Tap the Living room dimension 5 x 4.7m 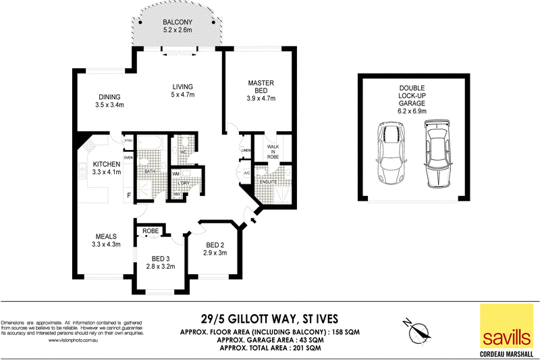(x=182, y=95)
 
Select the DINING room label (x=109, y=97)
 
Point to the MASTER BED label (x=260, y=86)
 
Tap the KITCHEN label (x=107, y=164)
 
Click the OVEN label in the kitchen (x=128, y=156)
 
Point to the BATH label (x=151, y=172)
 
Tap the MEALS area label (x=107, y=236)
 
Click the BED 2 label (x=214, y=245)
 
